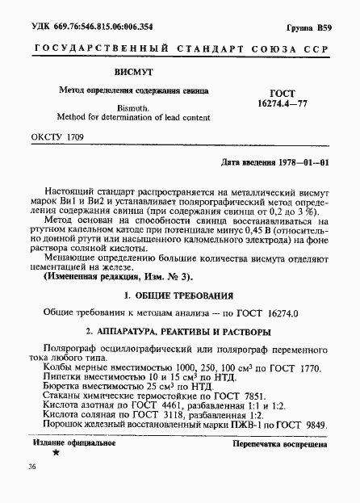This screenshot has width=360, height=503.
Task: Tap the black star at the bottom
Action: [x=55, y=454]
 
